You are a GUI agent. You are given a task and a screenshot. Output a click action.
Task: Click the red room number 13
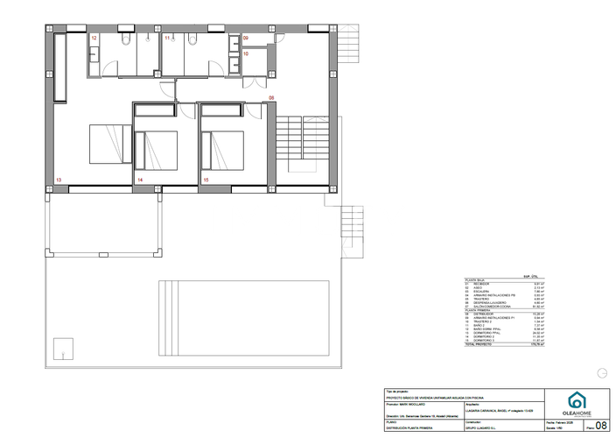[x=59, y=180]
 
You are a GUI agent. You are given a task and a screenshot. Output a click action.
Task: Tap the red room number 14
[x=140, y=180]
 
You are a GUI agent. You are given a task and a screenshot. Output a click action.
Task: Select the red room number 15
[x=206, y=180]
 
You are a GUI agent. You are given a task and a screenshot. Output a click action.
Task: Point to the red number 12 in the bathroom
[x=94, y=39]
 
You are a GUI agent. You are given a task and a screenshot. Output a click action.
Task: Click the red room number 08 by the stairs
[x=271, y=97]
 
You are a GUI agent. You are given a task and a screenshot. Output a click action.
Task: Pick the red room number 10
[x=246, y=54]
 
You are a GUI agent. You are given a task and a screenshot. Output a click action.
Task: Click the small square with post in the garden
[x=61, y=347]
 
